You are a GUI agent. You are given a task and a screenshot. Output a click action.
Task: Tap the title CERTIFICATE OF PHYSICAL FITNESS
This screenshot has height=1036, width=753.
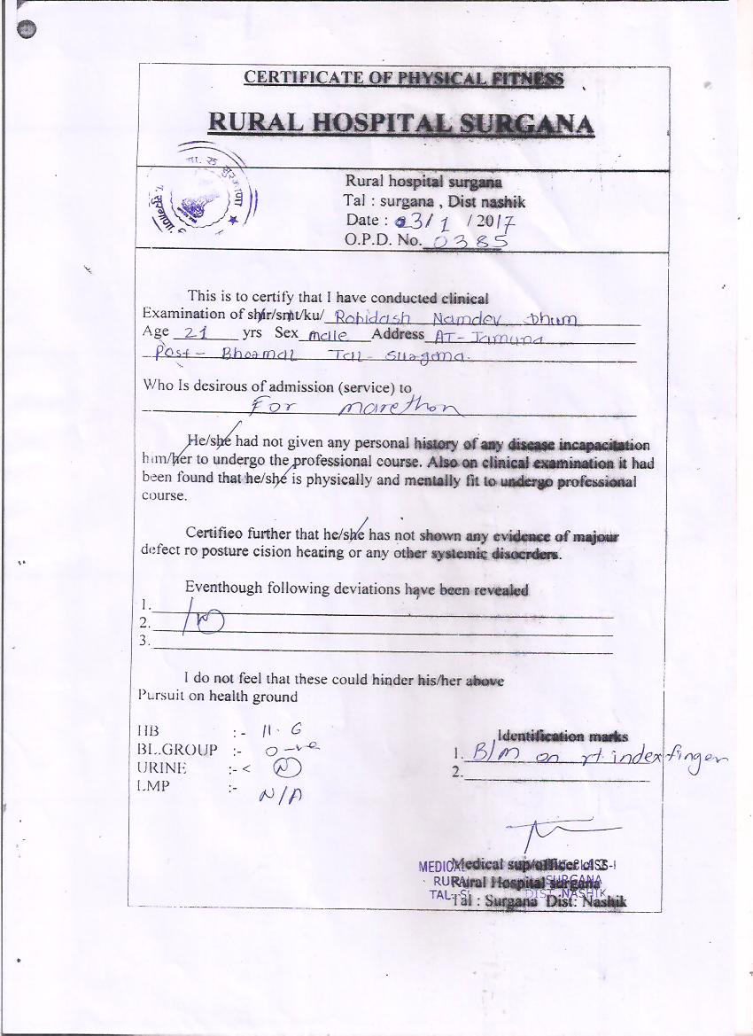[403, 78]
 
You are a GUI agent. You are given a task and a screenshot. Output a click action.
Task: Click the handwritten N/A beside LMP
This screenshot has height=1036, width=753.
[277, 797]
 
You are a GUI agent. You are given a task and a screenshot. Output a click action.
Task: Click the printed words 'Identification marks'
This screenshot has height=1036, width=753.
[563, 736]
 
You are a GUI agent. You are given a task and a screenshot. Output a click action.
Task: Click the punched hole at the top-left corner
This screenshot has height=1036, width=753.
[28, 30]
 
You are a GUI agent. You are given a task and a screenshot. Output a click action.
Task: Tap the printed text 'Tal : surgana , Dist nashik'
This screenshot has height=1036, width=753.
[434, 201]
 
